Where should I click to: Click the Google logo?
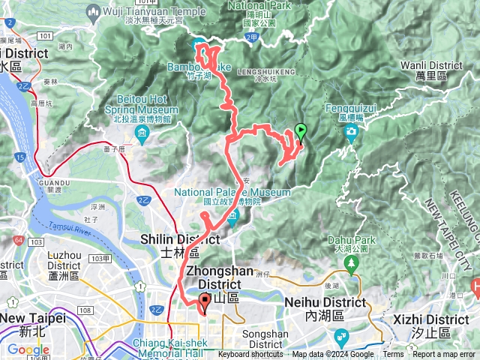[x=28, y=349]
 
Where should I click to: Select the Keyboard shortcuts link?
[x=250, y=355]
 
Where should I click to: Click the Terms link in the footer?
[x=393, y=355]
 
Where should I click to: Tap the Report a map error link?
[x=445, y=355]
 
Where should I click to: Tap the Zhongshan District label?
[x=221, y=277]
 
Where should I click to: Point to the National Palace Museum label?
[x=232, y=196]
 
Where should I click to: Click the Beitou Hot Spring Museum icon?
[x=142, y=136]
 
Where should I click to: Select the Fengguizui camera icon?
[x=350, y=133]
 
